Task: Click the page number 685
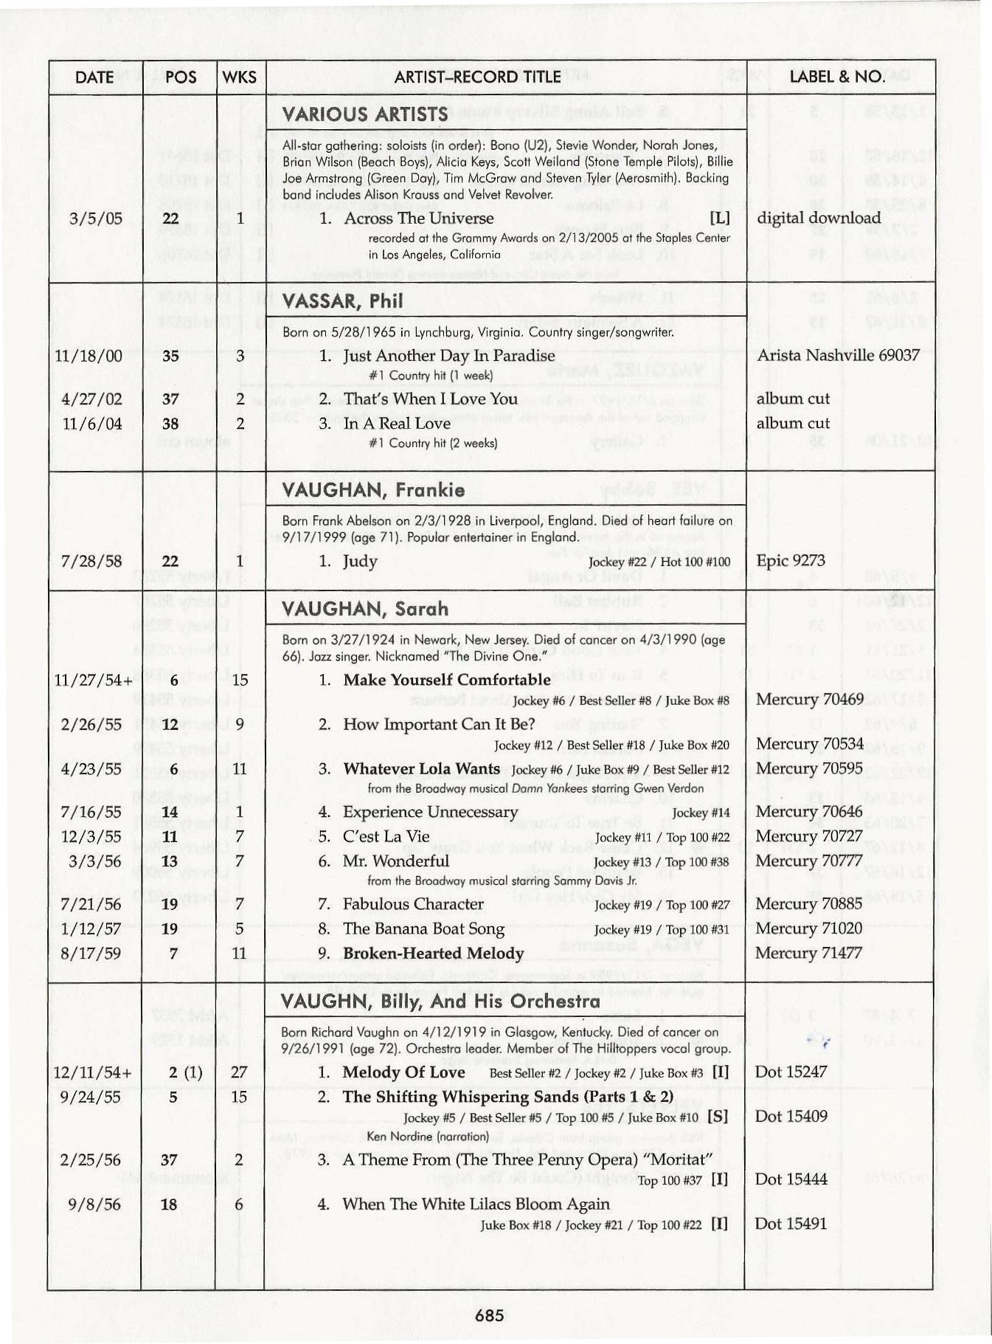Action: (490, 1314)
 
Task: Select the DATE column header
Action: (94, 77)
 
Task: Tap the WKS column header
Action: (240, 77)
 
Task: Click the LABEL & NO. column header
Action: (836, 77)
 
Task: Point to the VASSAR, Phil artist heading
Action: (343, 301)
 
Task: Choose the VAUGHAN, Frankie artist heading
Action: (373, 490)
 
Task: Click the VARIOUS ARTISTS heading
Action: (365, 114)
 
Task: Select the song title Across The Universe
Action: (418, 218)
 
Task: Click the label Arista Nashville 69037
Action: (838, 355)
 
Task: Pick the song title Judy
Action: (360, 561)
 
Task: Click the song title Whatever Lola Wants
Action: (421, 768)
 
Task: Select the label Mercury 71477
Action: (808, 953)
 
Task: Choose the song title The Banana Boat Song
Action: (423, 928)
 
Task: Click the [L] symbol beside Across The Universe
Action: (719, 218)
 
